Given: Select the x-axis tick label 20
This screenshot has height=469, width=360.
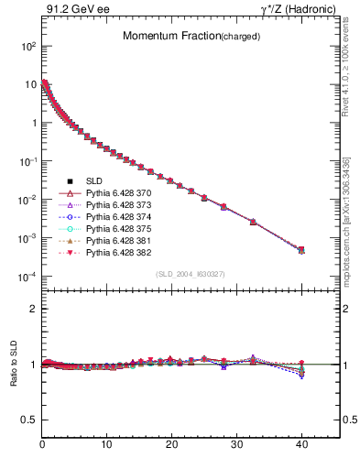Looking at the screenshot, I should point(171,445).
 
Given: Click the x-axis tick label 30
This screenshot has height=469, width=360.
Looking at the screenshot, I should point(236,445).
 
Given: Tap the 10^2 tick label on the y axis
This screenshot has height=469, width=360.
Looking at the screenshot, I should point(27,45).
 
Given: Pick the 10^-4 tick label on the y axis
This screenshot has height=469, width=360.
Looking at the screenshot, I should point(27,277).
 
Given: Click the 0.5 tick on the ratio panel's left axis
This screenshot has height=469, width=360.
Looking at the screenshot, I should point(28,420).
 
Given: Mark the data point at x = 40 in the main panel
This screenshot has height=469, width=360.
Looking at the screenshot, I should point(301,249).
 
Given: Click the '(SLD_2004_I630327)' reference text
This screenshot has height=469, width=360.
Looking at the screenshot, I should point(191,274).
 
